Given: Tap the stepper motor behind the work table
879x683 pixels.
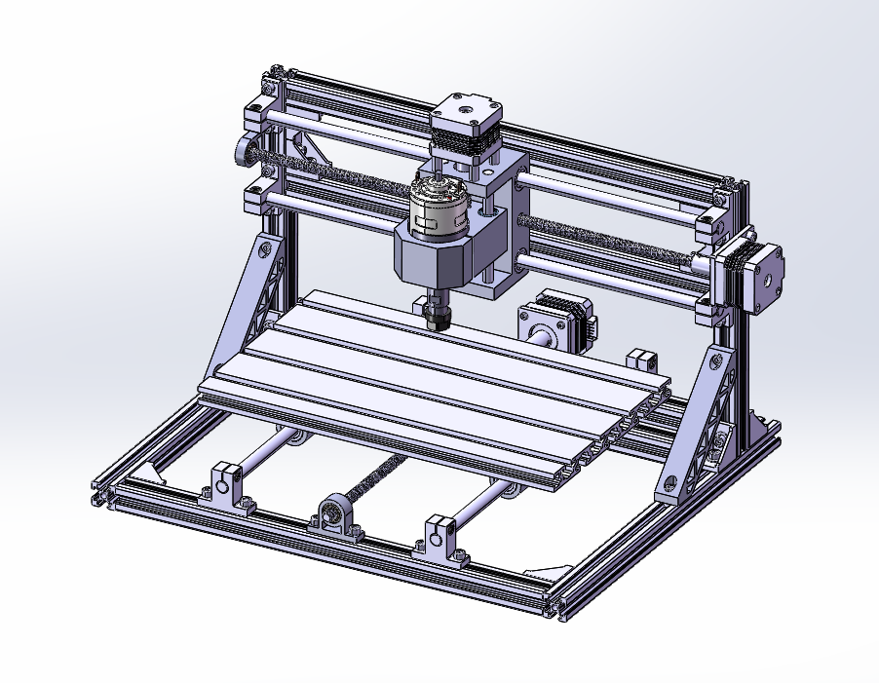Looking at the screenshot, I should click(557, 322).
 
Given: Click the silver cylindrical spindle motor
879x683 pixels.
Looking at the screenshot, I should click(437, 207).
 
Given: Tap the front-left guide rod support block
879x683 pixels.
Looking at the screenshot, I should click(227, 485).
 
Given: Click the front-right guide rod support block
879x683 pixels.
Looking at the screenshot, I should click(441, 539).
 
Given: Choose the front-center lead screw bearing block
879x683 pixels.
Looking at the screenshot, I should click(334, 514).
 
